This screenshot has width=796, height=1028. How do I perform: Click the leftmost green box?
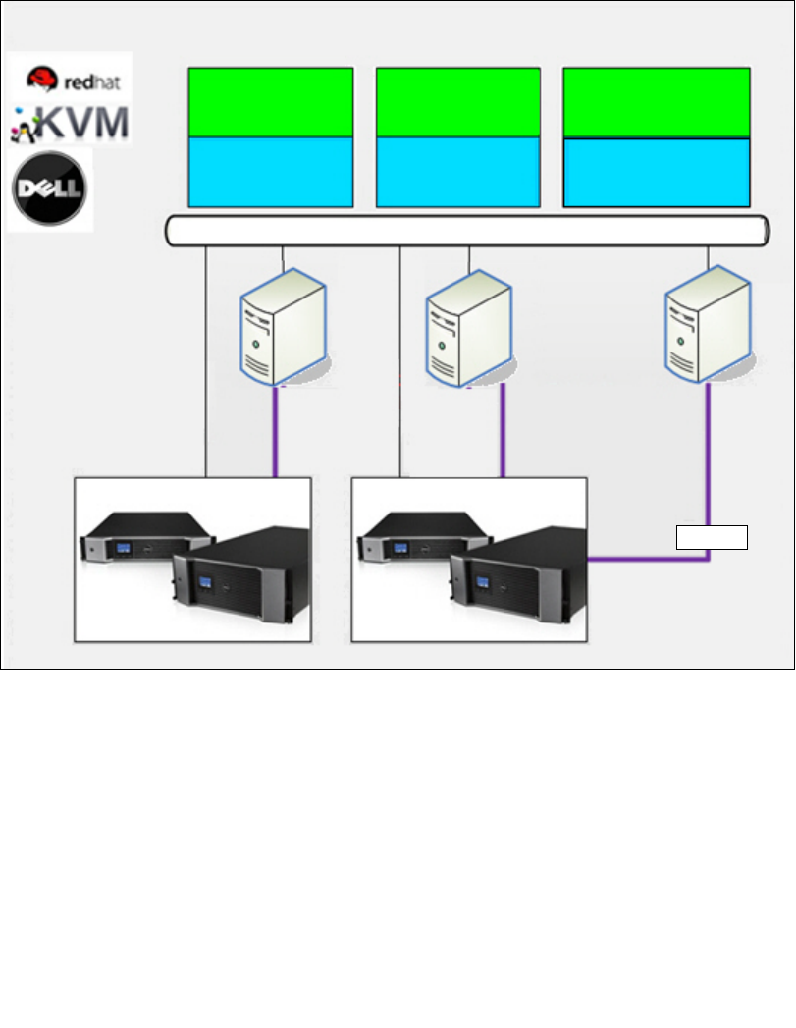point(270,102)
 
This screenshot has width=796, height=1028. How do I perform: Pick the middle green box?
point(458,102)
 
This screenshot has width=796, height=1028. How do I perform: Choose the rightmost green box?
point(657,102)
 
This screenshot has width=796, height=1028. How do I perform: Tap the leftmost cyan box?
point(270,172)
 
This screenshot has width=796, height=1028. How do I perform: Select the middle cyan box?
point(458,172)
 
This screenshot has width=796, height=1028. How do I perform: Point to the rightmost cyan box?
point(657,173)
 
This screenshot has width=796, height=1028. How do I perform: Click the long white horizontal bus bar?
point(466,232)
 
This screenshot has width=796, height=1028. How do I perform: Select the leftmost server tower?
point(284,330)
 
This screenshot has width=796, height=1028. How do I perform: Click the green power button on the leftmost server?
point(257,344)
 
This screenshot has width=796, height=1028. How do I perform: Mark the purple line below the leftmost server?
point(277,432)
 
